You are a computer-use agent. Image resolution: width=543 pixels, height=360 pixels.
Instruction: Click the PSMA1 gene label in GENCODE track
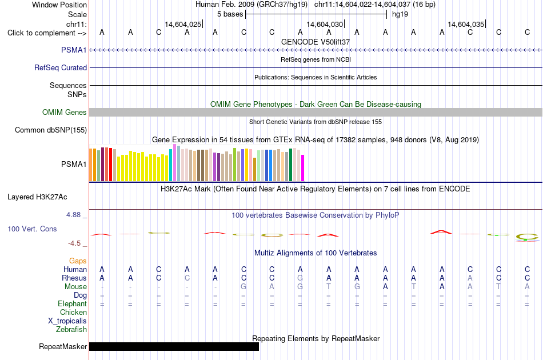tap(74, 50)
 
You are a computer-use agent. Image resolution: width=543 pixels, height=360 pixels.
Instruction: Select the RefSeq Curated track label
tap(60, 67)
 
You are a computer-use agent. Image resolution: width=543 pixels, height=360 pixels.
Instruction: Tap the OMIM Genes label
tap(64, 112)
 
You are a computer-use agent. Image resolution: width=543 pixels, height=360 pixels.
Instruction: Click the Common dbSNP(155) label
tap(50, 130)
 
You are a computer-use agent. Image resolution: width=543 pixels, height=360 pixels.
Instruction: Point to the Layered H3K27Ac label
tap(37, 197)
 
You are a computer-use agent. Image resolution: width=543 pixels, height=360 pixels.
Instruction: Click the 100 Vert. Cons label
tap(32, 229)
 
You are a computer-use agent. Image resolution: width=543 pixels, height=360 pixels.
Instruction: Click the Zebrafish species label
tap(71, 329)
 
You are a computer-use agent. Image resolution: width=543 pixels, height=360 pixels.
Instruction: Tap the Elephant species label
tap(72, 303)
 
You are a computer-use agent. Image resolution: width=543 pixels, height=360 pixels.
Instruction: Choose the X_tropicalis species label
tap(67, 321)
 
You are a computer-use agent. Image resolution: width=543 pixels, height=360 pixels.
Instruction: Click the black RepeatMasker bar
tap(174, 346)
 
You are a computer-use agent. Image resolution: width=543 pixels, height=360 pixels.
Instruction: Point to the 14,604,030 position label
tap(325, 24)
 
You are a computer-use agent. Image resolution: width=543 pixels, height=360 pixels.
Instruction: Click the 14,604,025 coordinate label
tap(183, 24)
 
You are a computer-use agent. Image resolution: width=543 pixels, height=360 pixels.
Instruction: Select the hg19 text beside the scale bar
tap(400, 14)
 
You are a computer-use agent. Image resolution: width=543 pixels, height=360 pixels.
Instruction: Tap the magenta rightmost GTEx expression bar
tap(303, 168)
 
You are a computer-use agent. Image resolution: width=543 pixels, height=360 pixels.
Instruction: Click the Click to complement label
tap(47, 33)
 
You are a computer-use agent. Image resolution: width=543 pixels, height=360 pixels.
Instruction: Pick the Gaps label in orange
tap(78, 261)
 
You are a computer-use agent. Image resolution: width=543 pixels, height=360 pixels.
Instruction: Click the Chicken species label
tap(73, 312)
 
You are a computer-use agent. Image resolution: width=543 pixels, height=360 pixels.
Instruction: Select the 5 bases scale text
tap(230, 14)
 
